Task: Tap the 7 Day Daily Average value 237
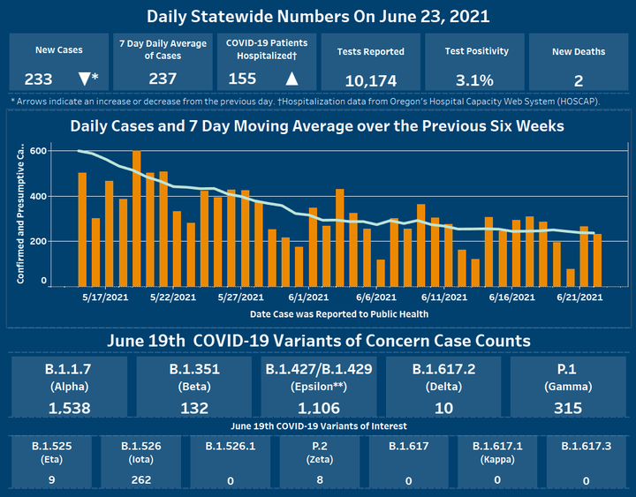(163, 79)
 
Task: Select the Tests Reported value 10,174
(370, 81)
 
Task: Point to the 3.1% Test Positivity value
(474, 80)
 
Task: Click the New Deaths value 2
(579, 81)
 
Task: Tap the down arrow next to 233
(84, 79)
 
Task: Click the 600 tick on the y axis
(36, 151)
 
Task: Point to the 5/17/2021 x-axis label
(102, 297)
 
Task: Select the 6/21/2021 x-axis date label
(579, 297)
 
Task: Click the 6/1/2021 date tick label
(307, 297)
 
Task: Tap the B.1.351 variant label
(194, 369)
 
